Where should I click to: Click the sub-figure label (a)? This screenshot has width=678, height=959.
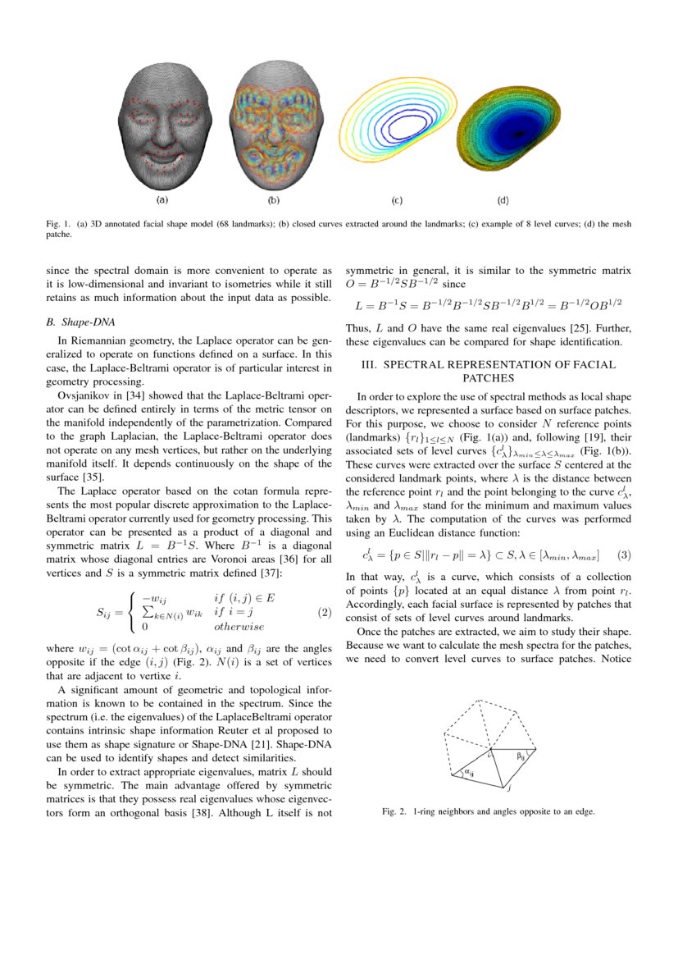(x=162, y=199)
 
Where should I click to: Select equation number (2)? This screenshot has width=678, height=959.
(x=324, y=612)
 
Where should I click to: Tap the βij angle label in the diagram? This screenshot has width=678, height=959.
(x=521, y=756)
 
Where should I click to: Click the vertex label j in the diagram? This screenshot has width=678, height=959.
(x=509, y=788)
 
